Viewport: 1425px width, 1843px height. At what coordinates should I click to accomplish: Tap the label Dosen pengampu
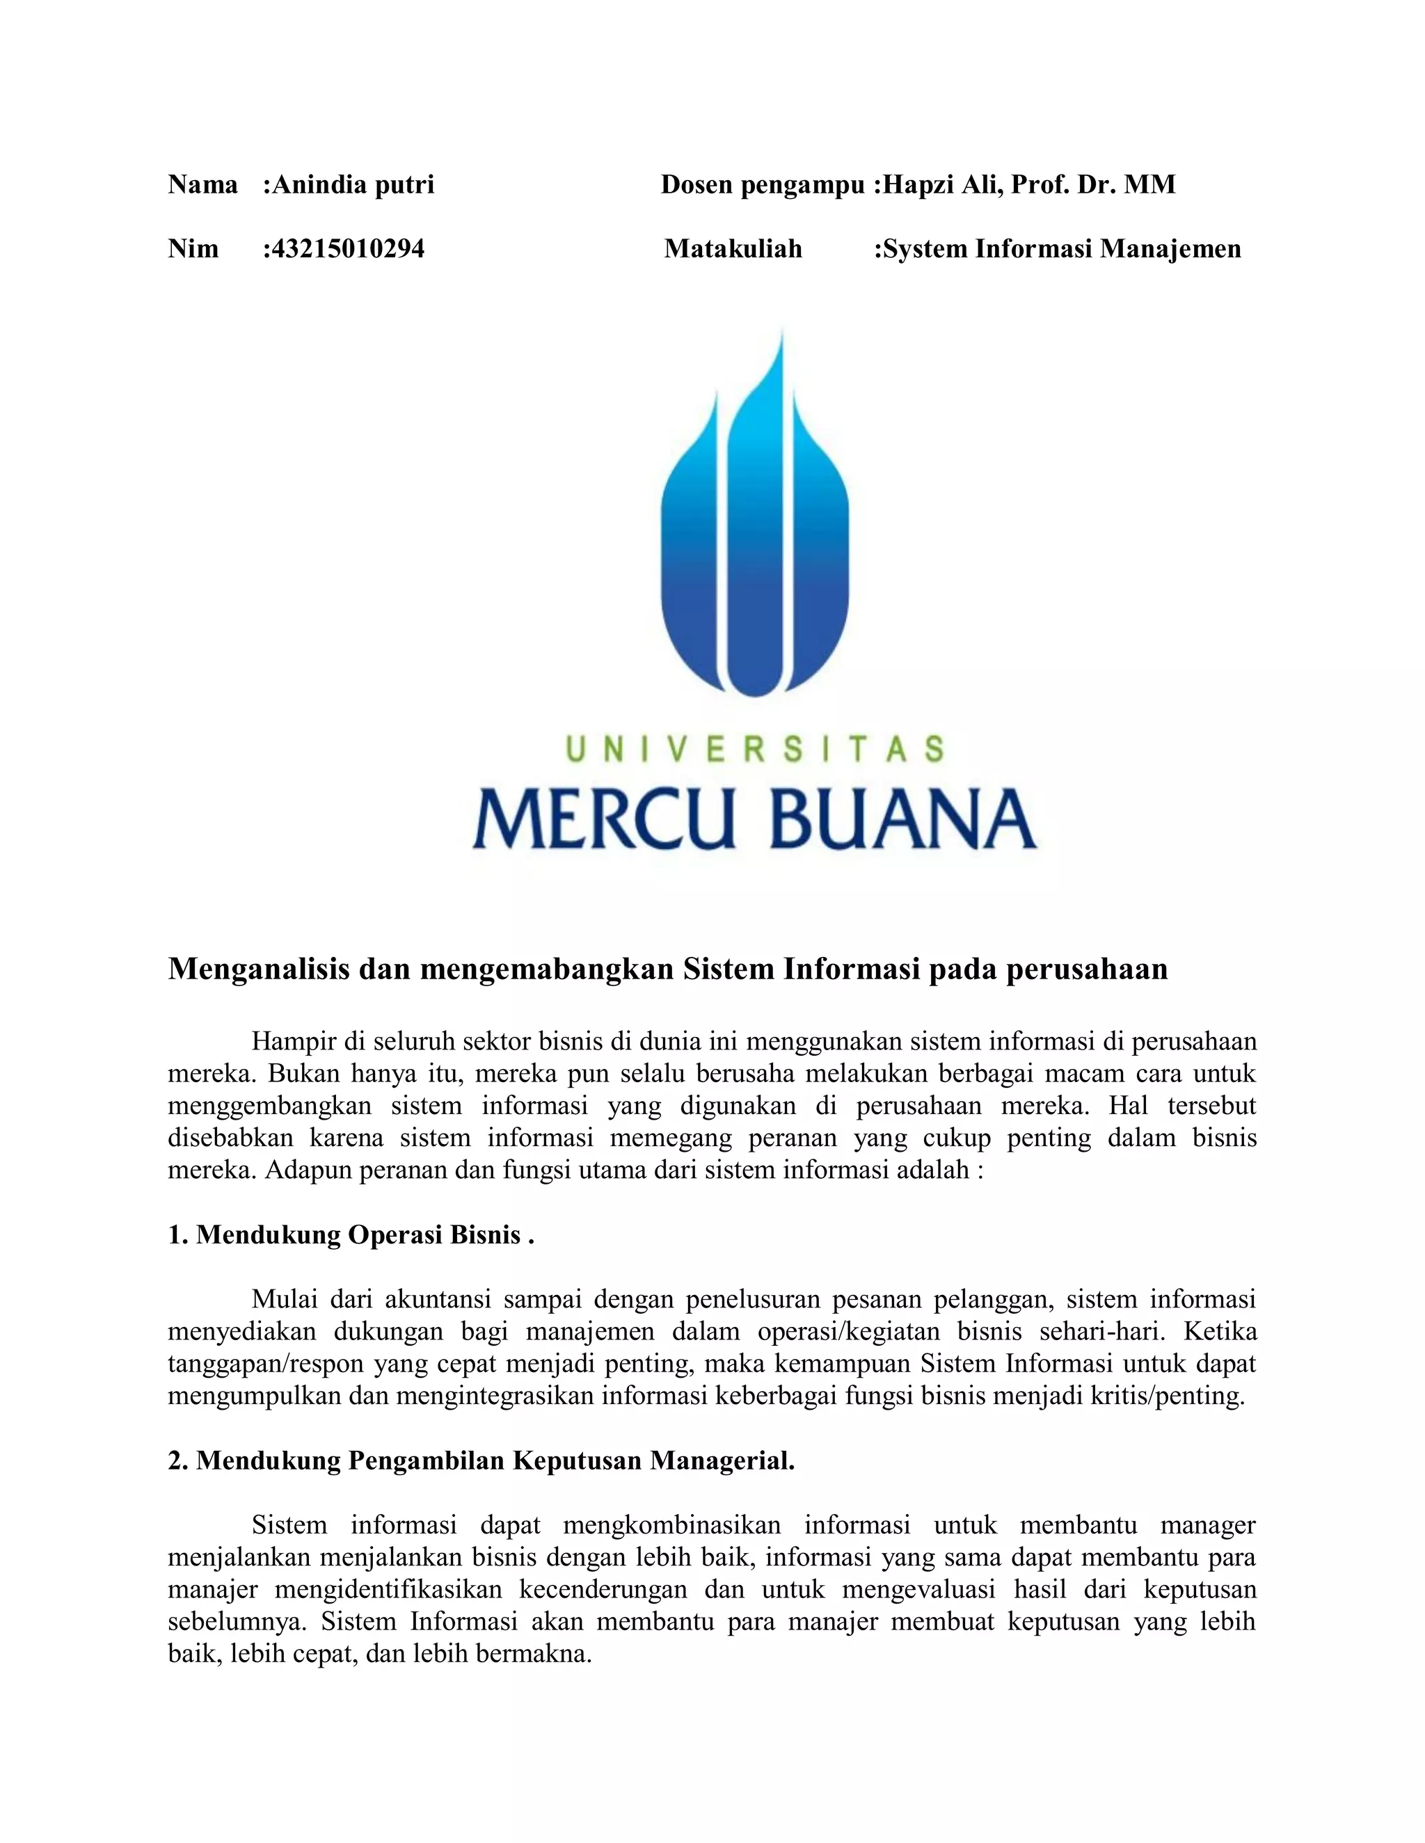point(763,185)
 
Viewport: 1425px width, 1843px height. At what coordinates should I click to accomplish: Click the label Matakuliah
point(733,249)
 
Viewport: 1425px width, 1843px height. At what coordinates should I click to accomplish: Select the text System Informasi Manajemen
point(1061,249)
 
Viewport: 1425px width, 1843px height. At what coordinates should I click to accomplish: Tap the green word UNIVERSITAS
point(754,749)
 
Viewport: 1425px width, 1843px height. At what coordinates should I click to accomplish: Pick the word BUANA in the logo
point(902,819)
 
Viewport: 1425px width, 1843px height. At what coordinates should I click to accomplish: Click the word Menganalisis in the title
point(259,969)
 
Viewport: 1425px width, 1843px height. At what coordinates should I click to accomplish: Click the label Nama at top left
point(202,185)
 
